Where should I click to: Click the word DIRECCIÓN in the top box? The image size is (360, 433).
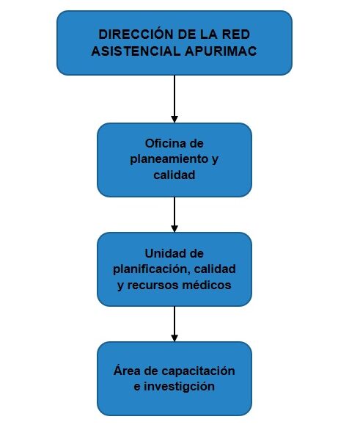point(136,34)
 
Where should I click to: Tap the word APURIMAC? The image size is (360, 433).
point(221,51)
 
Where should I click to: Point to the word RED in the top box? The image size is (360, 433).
point(236,34)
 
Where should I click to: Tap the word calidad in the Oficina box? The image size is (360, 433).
point(174,175)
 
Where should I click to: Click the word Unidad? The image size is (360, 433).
point(162,253)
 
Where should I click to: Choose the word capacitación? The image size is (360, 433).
point(198,371)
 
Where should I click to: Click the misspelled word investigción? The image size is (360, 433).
point(179,387)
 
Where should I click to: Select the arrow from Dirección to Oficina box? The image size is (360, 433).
point(175,98)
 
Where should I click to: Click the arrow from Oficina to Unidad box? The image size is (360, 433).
point(175,214)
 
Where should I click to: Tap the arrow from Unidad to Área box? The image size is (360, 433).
point(175,324)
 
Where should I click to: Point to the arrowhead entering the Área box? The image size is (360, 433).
point(175,338)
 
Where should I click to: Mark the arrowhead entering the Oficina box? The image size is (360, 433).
point(175,119)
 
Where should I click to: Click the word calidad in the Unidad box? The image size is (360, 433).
point(215,269)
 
